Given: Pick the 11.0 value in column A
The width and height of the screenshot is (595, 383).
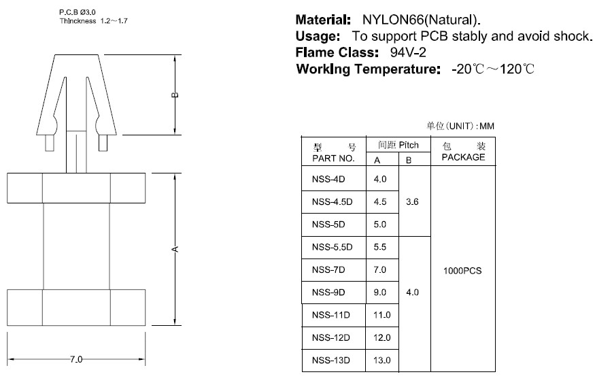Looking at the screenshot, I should click(382, 315).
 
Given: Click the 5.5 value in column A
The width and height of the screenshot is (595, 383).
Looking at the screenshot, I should click(380, 247).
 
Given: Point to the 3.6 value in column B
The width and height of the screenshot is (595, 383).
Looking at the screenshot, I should click(412, 202).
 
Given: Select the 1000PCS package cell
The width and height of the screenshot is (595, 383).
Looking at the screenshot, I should click(462, 270).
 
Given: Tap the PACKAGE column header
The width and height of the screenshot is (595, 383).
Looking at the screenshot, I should click(463, 157).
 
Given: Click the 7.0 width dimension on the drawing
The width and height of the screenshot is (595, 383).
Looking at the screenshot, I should click(75, 359).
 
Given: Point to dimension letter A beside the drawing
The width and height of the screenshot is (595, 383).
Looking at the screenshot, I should click(175, 249).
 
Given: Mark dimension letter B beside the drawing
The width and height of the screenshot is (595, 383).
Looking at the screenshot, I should click(175, 95).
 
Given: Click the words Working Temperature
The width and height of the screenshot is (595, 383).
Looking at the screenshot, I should click(370, 69).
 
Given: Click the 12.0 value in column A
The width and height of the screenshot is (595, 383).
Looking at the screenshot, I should click(382, 338).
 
